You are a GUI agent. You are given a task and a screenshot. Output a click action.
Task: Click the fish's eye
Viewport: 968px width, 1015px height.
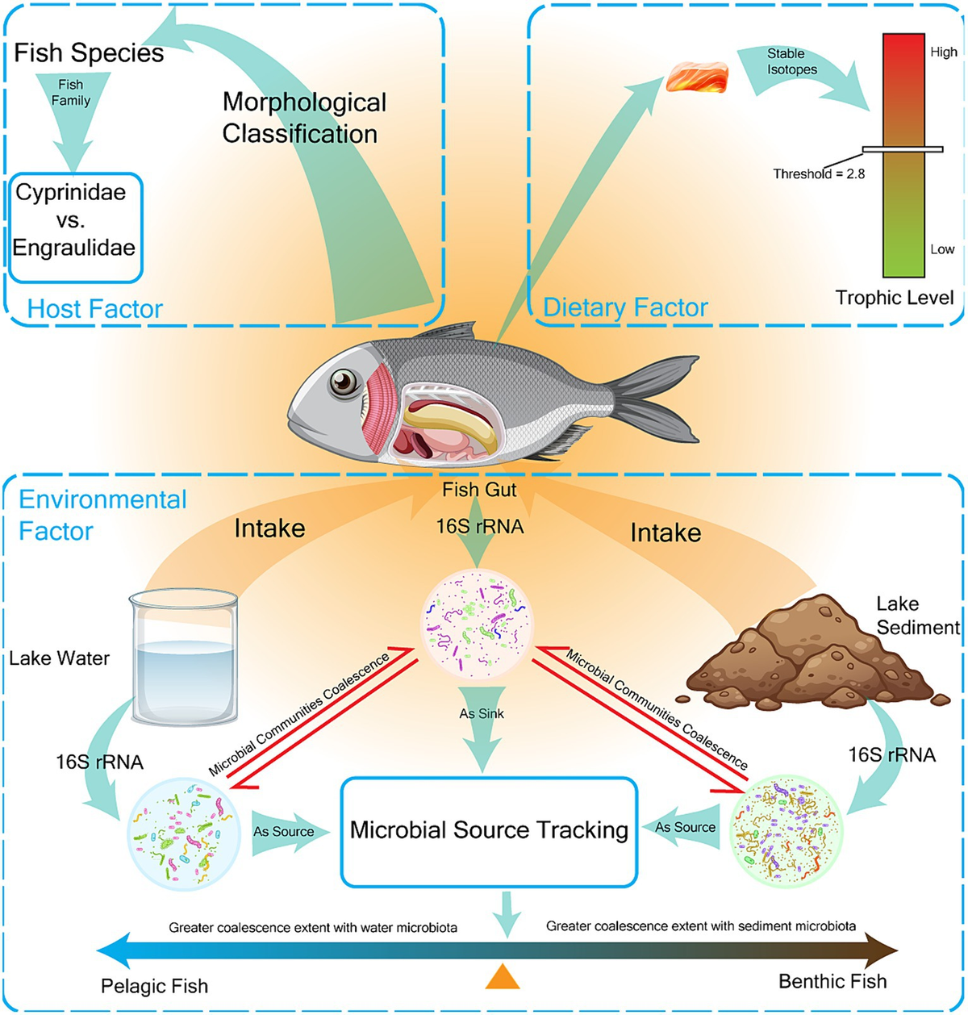point(344,381)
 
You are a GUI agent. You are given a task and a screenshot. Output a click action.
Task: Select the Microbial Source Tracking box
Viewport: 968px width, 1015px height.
point(489,830)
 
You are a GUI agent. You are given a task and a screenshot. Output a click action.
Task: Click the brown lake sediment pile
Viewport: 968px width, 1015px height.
point(807,654)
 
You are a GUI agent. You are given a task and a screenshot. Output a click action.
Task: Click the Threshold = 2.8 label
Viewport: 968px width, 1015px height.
point(819,173)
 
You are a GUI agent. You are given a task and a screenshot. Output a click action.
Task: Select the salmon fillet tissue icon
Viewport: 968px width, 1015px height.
point(698,77)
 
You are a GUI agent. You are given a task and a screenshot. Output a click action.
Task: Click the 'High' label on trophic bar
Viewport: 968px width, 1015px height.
point(943,52)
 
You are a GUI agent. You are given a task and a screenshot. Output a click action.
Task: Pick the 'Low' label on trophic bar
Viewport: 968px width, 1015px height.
point(941,249)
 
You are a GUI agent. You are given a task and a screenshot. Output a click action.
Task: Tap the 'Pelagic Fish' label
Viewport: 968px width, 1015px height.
point(154,986)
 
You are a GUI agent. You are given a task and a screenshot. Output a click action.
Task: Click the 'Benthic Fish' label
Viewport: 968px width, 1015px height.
point(832,981)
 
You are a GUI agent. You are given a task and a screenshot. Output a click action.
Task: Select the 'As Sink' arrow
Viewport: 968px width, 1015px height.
point(482,727)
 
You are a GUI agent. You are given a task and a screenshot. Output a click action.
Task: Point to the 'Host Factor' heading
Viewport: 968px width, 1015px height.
point(95,308)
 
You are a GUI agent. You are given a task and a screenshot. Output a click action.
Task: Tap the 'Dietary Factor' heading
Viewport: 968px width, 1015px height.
point(625,307)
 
